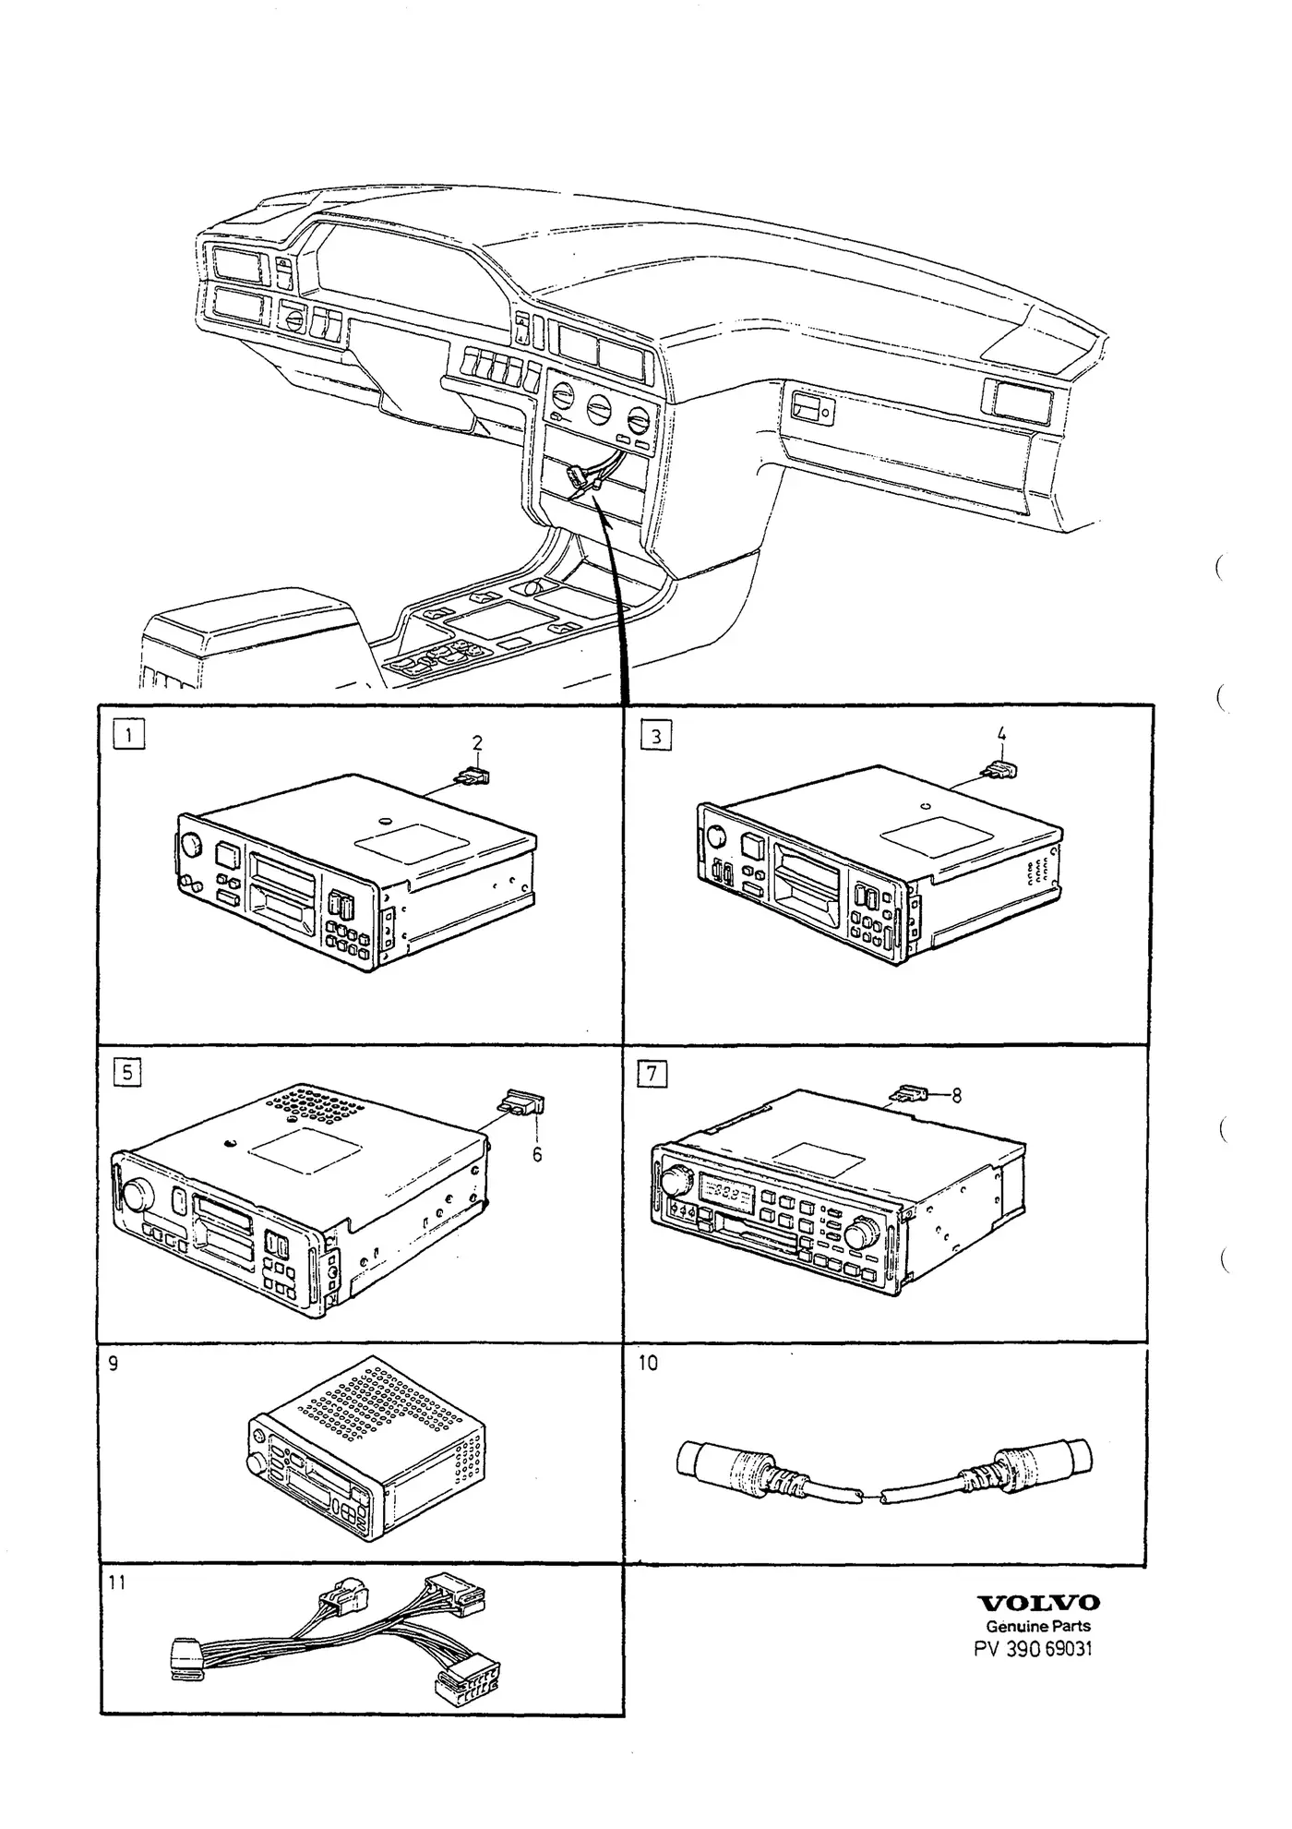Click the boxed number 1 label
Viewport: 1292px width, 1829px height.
click(129, 735)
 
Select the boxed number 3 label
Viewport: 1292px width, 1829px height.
click(655, 736)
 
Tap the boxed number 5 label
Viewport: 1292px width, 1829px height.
click(127, 1072)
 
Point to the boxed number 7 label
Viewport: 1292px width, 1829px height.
click(652, 1074)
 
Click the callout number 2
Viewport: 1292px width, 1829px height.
click(477, 743)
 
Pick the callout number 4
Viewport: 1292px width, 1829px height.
click(1001, 736)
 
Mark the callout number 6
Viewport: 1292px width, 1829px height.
click(537, 1155)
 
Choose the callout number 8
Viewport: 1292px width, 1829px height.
click(956, 1095)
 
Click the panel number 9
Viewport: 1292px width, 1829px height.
click(114, 1363)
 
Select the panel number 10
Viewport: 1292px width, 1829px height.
click(648, 1363)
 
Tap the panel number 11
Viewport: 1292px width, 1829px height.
click(116, 1582)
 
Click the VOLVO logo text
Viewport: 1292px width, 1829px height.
click(1038, 1603)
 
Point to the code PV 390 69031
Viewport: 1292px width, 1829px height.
click(1033, 1649)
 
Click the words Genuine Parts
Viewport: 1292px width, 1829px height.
click(1038, 1626)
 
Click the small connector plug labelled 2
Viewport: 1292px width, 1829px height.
click(473, 776)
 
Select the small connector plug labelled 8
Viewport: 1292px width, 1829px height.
click(907, 1095)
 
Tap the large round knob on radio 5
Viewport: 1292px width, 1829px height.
click(137, 1194)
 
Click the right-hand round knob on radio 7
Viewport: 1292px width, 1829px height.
click(865, 1231)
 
